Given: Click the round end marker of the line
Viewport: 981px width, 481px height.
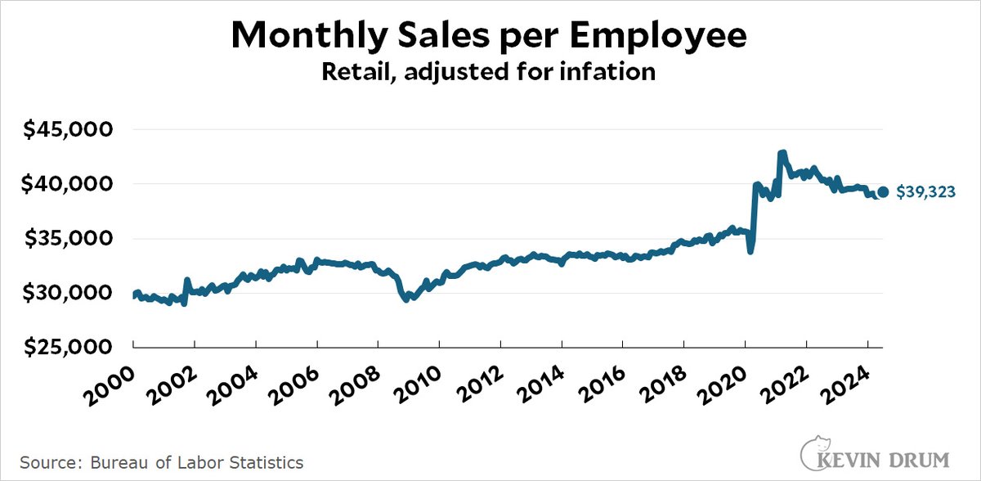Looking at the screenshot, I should tap(883, 193).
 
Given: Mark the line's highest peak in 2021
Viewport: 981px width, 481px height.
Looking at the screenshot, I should tap(782, 153).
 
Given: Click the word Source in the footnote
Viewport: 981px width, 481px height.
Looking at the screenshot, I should tap(43, 462).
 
